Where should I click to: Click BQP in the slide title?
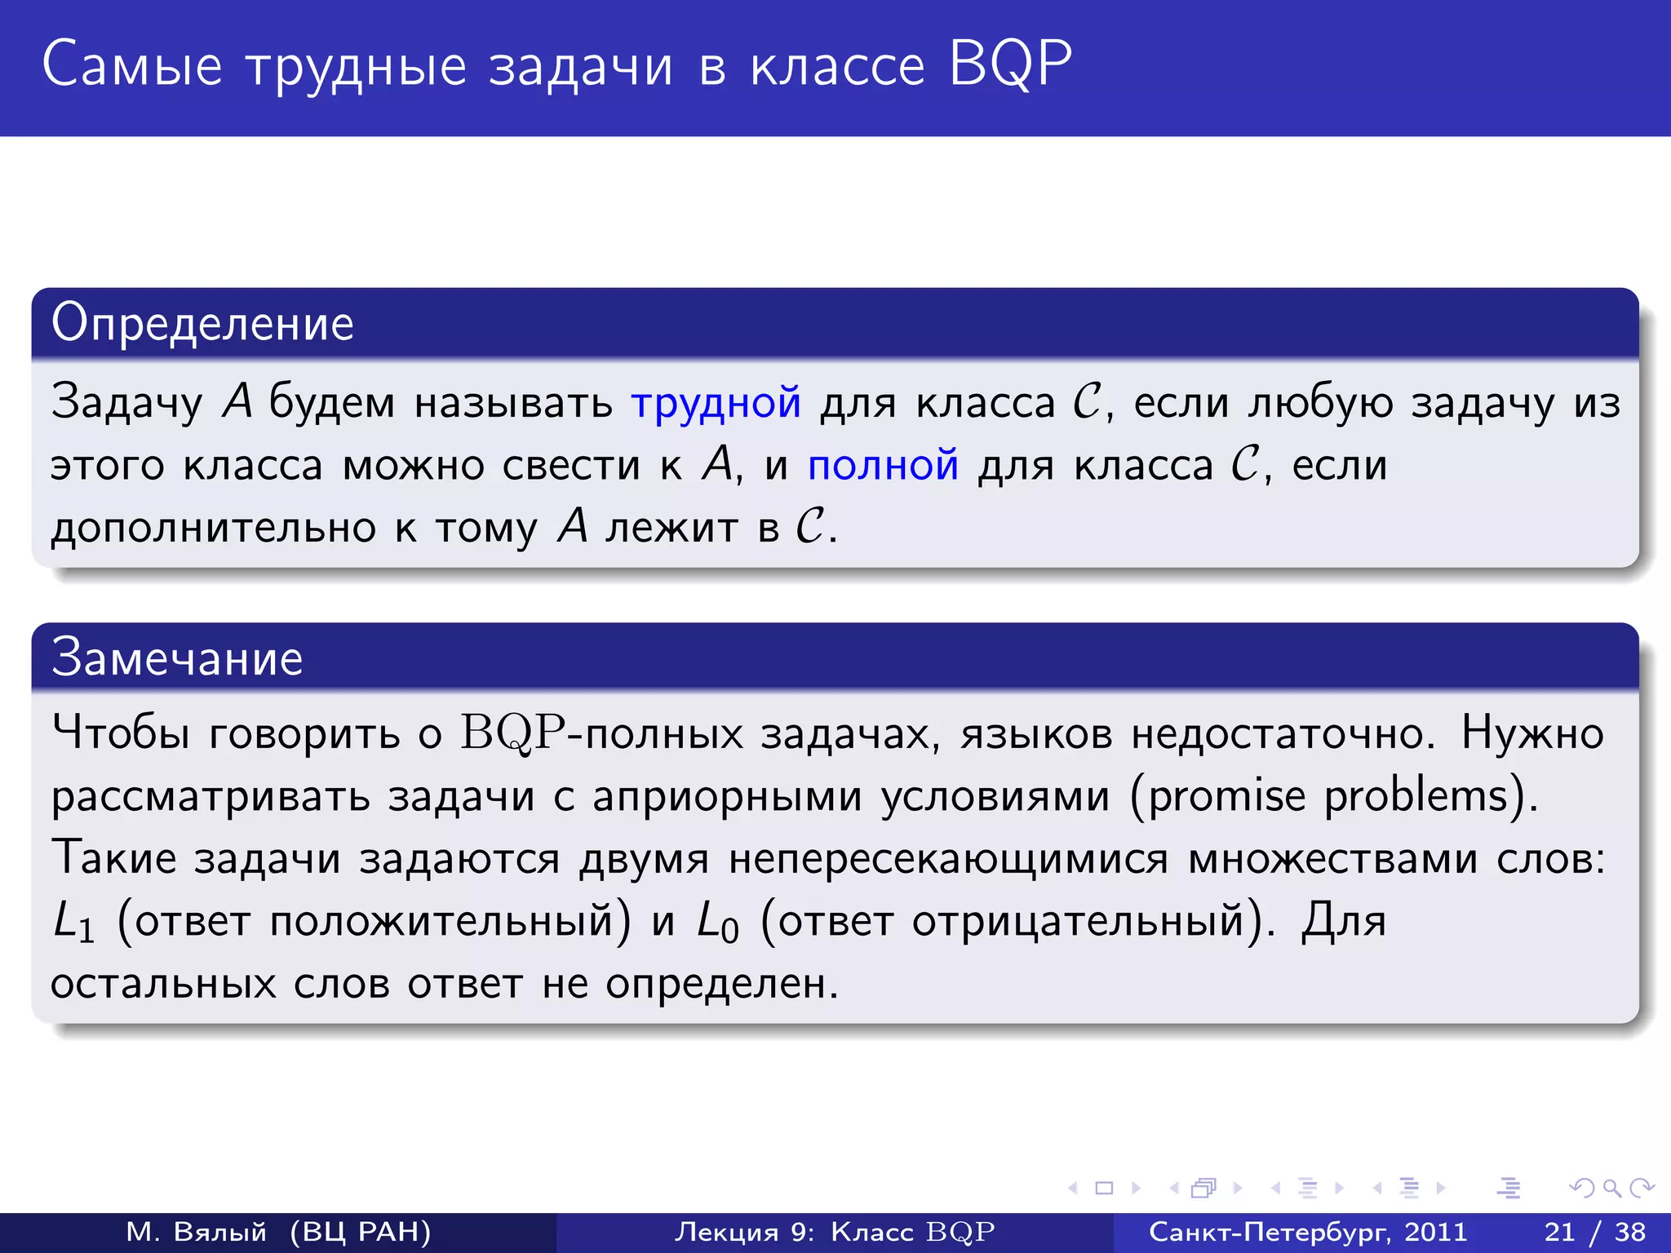pyautogui.click(x=1009, y=64)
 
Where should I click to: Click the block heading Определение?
pyautogui.click(x=202, y=323)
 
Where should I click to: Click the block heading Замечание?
pyautogui.click(x=177, y=657)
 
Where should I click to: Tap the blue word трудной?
pyautogui.click(x=716, y=403)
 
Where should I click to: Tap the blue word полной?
pyautogui.click(x=883, y=465)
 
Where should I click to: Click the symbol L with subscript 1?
pyautogui.click(x=73, y=923)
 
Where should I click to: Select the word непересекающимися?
pyautogui.click(x=948, y=859)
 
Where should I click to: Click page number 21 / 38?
pyautogui.click(x=1594, y=1232)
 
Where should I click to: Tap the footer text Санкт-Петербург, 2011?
pyautogui.click(x=1308, y=1232)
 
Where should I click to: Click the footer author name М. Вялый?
pyautogui.click(x=197, y=1232)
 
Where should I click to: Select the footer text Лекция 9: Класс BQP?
pyautogui.click(x=834, y=1232)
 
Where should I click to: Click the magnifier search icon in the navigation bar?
pyautogui.click(x=1611, y=1188)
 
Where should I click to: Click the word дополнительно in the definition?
pyautogui.click(x=213, y=528)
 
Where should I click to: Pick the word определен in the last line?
pyautogui.click(x=721, y=985)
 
